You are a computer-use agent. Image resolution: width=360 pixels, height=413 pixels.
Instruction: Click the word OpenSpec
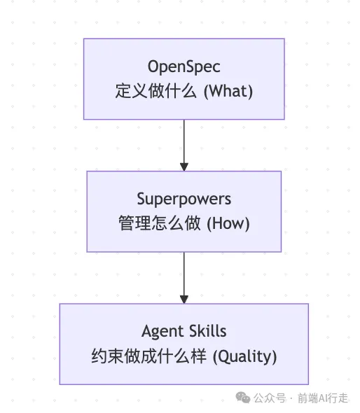click(x=184, y=67)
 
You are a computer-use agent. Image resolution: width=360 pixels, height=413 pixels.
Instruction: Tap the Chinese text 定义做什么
click(x=155, y=91)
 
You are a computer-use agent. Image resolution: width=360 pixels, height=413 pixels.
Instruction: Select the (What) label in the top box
click(x=228, y=92)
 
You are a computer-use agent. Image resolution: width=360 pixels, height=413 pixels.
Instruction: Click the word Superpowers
click(x=184, y=199)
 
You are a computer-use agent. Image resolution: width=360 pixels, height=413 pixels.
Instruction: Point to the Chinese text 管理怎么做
click(x=160, y=223)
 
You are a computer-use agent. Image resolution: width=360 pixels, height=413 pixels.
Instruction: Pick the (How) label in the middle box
click(x=228, y=223)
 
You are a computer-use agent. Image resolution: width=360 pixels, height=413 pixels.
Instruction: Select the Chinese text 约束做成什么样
click(x=148, y=356)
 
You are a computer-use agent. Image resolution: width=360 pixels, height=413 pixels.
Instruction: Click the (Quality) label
click(x=245, y=356)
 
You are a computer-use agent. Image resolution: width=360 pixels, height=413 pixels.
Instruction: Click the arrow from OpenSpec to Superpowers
click(x=184, y=146)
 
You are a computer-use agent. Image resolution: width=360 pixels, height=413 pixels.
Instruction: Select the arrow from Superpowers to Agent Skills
click(x=184, y=278)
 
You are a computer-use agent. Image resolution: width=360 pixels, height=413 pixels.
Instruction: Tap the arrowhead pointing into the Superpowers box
click(x=184, y=167)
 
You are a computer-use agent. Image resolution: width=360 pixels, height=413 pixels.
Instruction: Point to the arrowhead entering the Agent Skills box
click(x=184, y=300)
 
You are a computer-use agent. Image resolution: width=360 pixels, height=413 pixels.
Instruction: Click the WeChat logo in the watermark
click(x=243, y=398)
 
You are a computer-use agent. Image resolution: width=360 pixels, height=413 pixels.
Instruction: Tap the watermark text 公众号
click(x=270, y=398)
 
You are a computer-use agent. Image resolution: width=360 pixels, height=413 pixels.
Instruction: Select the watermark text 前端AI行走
click(x=323, y=398)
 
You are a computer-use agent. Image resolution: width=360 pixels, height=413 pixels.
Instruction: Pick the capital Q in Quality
click(x=224, y=356)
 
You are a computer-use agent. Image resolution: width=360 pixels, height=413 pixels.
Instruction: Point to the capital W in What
click(x=217, y=91)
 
